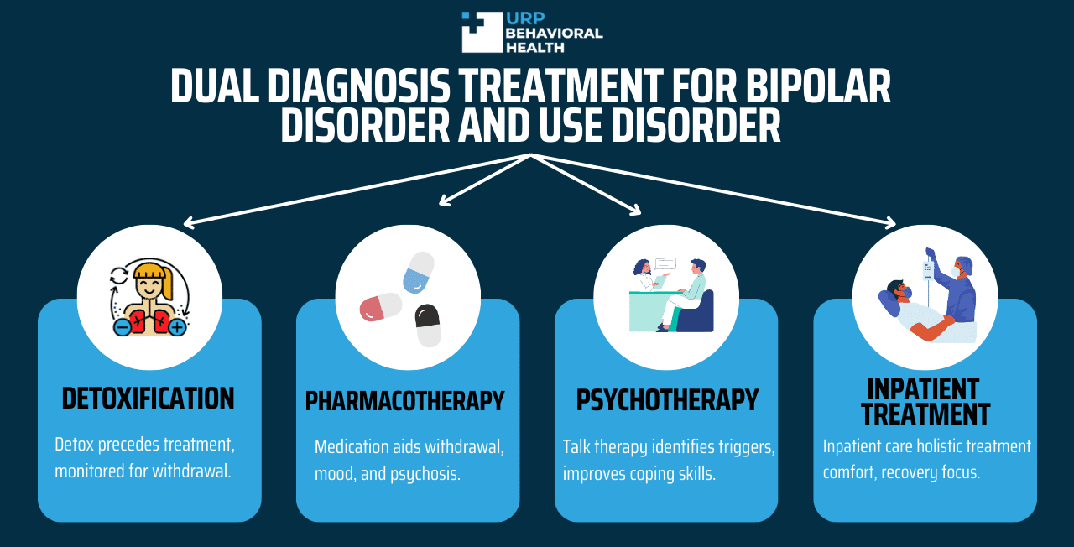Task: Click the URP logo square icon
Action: point(482,32)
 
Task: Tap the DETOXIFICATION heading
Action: point(149,399)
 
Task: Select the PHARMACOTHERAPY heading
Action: point(405,401)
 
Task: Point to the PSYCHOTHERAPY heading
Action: point(667,400)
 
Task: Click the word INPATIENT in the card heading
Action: point(923,388)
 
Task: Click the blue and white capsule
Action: point(419,272)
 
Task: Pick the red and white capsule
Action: point(381,307)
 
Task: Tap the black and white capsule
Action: point(428,326)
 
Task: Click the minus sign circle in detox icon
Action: point(123,327)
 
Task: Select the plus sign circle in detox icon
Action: point(177,327)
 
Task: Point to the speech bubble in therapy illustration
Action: point(665,264)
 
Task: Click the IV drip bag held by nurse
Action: point(929,271)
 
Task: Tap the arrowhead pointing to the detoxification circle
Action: point(190,222)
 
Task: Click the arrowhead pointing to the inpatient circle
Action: point(890,222)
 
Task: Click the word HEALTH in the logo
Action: point(535,48)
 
